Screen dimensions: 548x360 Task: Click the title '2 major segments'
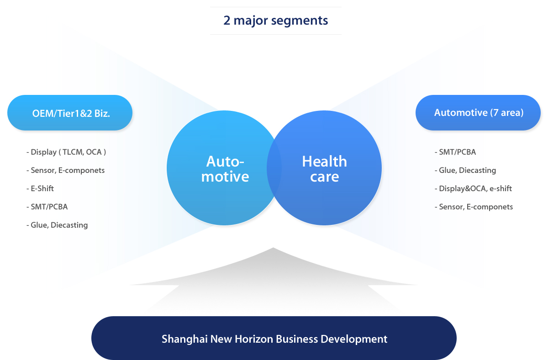[275, 21]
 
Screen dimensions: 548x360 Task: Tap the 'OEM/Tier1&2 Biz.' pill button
[70, 113]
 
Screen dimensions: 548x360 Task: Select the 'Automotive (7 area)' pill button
[478, 113]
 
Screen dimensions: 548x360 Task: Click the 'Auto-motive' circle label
[225, 169]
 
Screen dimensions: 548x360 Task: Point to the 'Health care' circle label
[324, 169]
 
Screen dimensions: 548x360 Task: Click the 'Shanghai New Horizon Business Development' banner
[274, 338]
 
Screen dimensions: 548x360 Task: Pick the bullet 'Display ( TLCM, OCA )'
[66, 152]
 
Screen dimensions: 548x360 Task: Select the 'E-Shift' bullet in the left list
[40, 188]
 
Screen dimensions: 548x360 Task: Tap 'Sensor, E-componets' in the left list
[65, 170]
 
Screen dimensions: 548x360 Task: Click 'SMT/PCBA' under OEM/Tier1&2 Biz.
[47, 207]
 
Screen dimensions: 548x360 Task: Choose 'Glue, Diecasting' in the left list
[57, 225]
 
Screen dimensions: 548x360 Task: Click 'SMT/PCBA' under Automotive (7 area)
[455, 152]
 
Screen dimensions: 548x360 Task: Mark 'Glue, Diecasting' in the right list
[465, 170]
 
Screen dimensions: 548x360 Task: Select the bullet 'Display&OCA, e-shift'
[473, 188]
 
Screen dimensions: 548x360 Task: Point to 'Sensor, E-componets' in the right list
[474, 207]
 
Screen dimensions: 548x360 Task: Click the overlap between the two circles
[274, 168]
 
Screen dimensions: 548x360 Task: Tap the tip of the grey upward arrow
[273, 248]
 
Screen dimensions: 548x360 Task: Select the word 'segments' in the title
[300, 21]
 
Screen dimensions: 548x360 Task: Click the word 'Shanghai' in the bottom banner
[184, 339]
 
